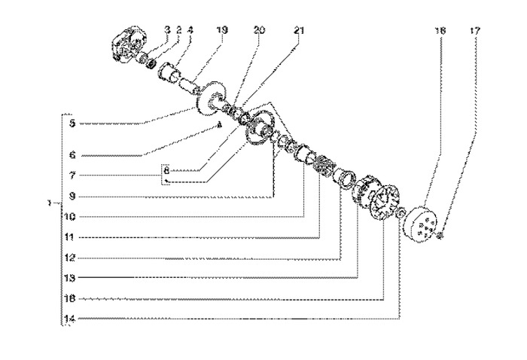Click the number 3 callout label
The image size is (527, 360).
coord(167,31)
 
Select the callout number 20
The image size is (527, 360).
coord(260,31)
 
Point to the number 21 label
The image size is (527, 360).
coord(299,31)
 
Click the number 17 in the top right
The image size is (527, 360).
coord(474,31)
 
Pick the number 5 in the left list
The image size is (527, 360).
coord(71,124)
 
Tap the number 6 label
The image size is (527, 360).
coord(71,156)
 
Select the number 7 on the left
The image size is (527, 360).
coord(71,175)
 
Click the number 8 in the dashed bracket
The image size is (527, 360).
coord(168,170)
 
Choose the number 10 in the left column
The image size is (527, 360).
coord(70,218)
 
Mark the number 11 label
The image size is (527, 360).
coord(70,237)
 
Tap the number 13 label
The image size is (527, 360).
coord(70,278)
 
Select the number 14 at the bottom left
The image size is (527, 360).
coord(70,319)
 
